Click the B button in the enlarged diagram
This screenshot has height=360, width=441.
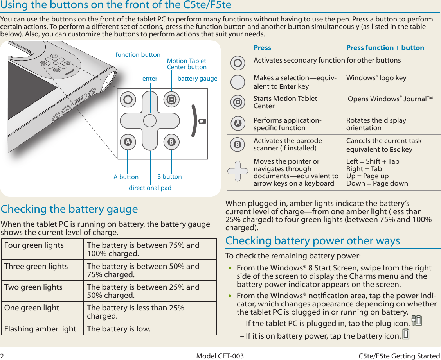(171, 142)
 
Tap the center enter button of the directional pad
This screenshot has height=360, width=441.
(149, 121)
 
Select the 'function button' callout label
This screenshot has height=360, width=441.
(138, 55)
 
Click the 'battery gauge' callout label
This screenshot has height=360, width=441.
(197, 79)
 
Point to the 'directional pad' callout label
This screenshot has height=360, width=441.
(150, 188)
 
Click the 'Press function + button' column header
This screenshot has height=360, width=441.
(385, 48)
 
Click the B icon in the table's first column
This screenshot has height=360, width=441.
(237, 145)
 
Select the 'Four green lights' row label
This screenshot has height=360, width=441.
(34, 245)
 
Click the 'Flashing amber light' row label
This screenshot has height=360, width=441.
(40, 329)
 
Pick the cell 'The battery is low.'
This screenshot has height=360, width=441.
(119, 329)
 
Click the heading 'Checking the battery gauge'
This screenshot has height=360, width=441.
(69, 209)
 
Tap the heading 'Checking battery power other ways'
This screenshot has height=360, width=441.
(313, 240)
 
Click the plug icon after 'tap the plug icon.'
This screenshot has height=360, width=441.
(417, 321)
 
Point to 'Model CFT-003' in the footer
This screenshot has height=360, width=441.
(220, 356)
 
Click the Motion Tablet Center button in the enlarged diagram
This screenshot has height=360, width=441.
(171, 100)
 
